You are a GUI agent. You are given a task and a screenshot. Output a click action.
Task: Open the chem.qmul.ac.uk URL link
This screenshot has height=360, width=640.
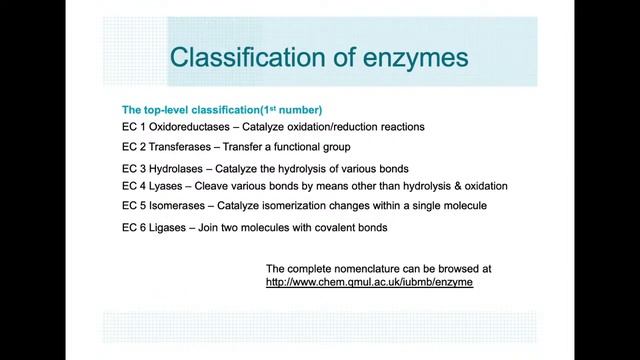[369, 284]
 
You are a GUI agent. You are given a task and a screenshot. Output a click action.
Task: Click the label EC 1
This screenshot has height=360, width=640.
[133, 127]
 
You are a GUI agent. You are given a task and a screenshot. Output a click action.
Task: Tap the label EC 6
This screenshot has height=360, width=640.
[133, 228]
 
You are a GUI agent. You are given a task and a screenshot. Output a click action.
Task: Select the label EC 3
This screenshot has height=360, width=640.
[133, 168]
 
